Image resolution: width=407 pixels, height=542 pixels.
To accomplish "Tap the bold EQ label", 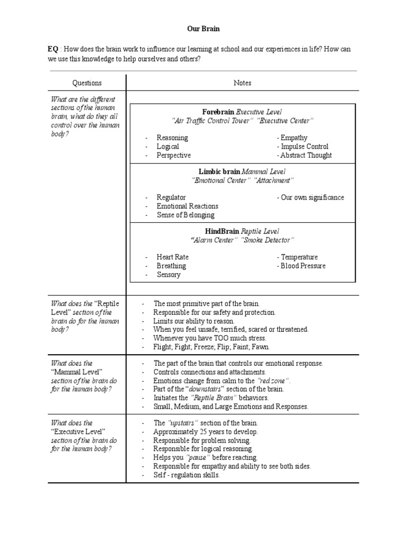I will click(52, 49).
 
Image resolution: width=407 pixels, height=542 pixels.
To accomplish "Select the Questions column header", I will click(87, 83).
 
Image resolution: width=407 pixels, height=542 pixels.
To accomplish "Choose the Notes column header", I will click(242, 83).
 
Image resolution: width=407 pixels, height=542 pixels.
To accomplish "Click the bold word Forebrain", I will click(218, 112).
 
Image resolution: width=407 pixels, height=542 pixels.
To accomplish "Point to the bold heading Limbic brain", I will click(219, 171).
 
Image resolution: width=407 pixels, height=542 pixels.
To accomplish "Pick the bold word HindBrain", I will click(222, 231).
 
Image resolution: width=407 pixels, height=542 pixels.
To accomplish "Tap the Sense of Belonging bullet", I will click(185, 215).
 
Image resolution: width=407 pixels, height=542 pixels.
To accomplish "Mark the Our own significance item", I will click(310, 197).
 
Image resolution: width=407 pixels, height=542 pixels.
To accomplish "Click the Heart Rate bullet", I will click(172, 257).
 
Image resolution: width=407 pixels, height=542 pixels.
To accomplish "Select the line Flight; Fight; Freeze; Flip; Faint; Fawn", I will click(211, 347).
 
